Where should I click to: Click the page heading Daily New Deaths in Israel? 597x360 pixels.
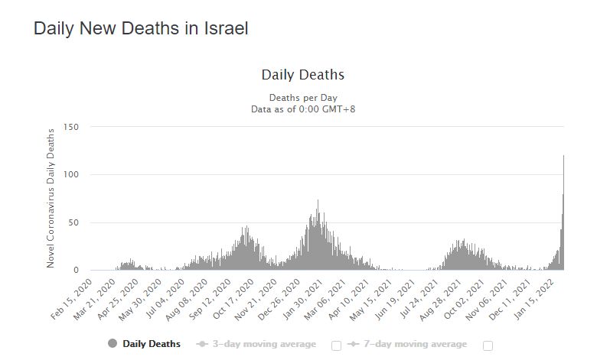(x=141, y=28)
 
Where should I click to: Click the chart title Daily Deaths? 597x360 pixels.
(x=303, y=75)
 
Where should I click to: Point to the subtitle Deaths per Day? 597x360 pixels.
(x=303, y=98)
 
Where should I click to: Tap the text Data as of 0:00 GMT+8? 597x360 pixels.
(x=303, y=109)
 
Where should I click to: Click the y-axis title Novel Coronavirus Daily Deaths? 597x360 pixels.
(x=51, y=197)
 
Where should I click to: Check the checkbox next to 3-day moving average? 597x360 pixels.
(x=336, y=345)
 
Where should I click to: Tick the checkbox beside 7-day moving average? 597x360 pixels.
(x=488, y=345)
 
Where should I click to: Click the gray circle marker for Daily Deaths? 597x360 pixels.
(x=113, y=344)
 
